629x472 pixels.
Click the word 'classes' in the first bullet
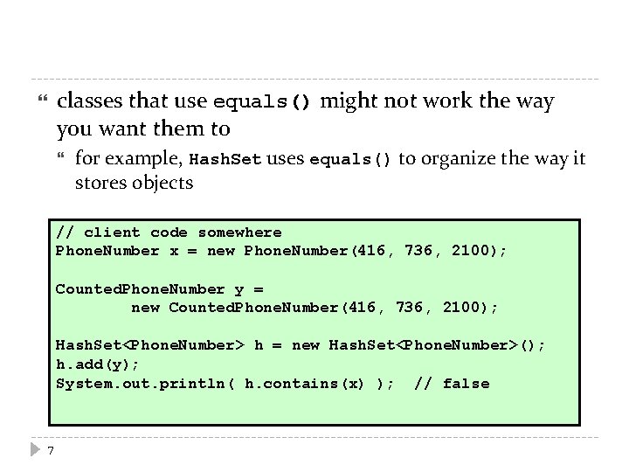92,101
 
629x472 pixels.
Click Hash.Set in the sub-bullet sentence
225,159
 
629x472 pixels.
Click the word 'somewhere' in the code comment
239,233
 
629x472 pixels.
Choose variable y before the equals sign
239,289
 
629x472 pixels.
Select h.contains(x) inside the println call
306,384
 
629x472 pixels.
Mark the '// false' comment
452,384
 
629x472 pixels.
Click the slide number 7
51,451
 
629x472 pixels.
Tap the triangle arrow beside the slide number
34,451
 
